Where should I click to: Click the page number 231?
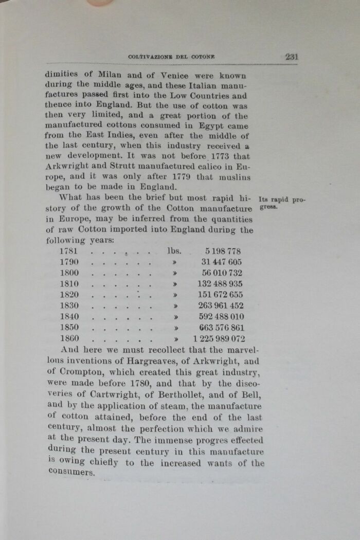pyautogui.click(x=291, y=57)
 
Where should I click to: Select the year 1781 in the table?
pyautogui.click(x=69, y=251)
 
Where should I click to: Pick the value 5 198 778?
pyautogui.click(x=223, y=251)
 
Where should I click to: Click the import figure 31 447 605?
pyautogui.click(x=222, y=262)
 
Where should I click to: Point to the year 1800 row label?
pyautogui.click(x=69, y=273)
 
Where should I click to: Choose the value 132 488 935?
pyautogui.click(x=220, y=284)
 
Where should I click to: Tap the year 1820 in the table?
pyautogui.click(x=69, y=295)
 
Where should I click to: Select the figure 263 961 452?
pyautogui.click(x=221, y=306)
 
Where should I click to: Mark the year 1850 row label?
pyautogui.click(x=69, y=328)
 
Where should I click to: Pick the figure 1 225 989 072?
pyautogui.click(x=219, y=339)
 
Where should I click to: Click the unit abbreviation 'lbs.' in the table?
pyautogui.click(x=175, y=251)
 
